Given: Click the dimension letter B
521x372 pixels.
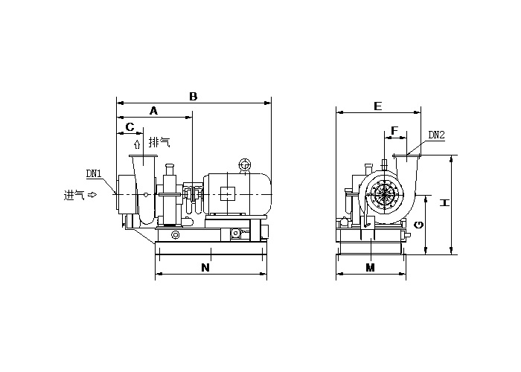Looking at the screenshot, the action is pyautogui.click(x=194, y=96).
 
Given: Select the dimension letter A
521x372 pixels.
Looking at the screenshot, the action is pyautogui.click(x=153, y=111).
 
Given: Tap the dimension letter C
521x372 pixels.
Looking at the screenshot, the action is pyautogui.click(x=130, y=126).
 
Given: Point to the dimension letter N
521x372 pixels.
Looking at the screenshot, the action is pyautogui.click(x=205, y=267).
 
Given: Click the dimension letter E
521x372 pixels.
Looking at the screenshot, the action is pyautogui.click(x=378, y=106).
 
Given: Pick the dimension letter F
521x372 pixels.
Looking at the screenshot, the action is pyautogui.click(x=394, y=130).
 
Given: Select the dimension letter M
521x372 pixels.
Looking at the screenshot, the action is pyautogui.click(x=370, y=267).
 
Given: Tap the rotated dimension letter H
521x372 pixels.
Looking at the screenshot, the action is pyautogui.click(x=444, y=202).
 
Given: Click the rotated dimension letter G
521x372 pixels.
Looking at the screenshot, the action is pyautogui.click(x=419, y=225).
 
